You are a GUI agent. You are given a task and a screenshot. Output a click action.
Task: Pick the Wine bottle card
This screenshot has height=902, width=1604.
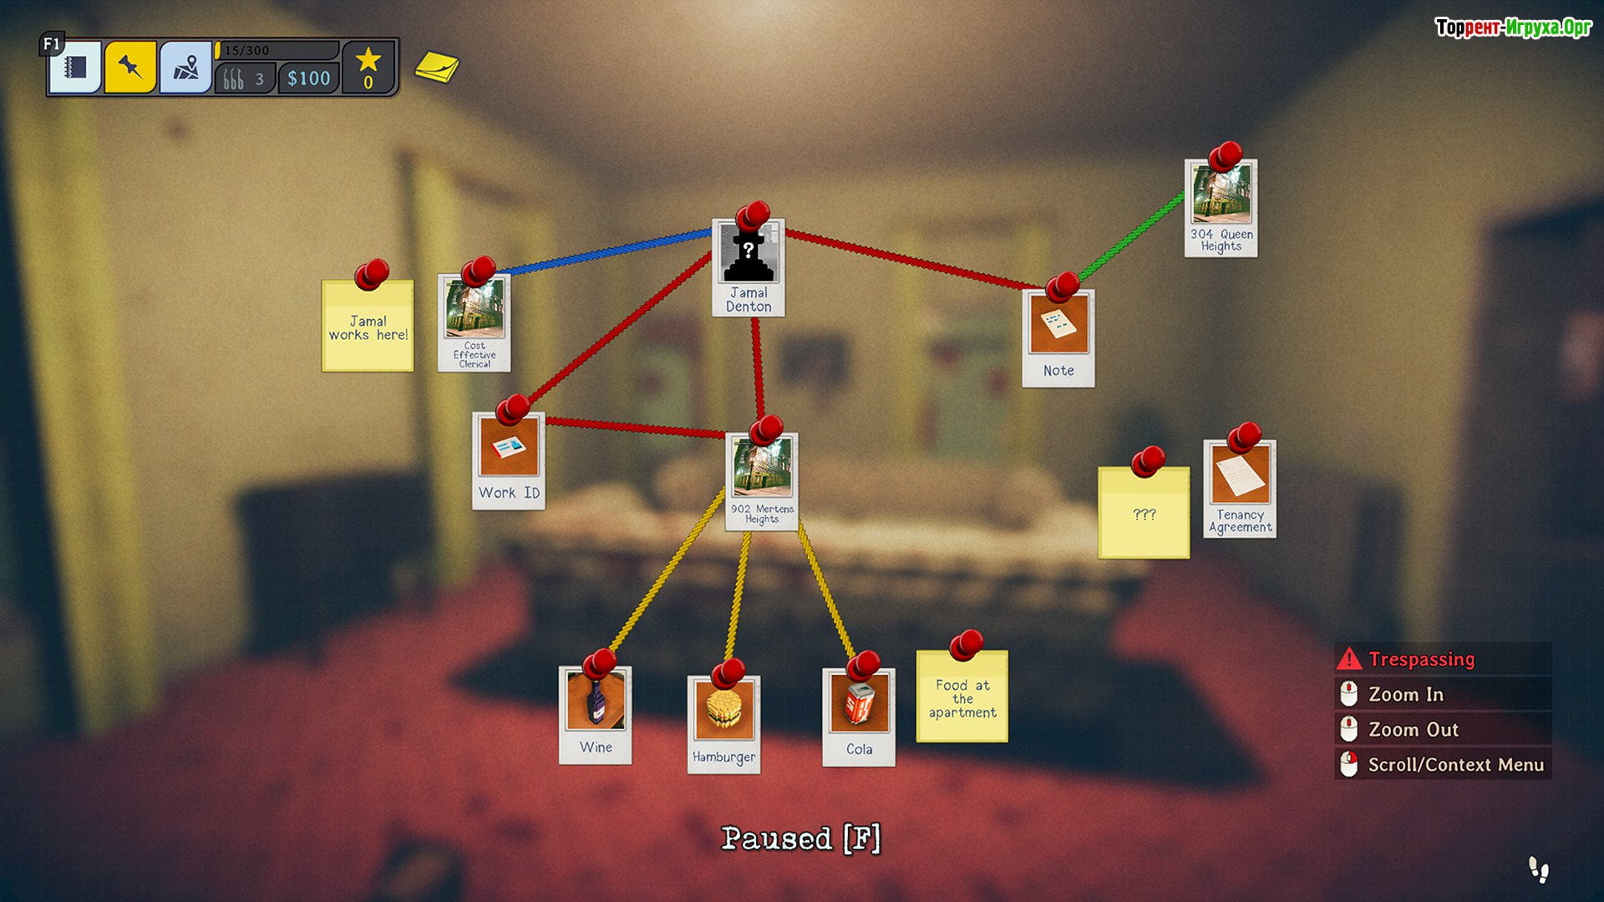[595, 715]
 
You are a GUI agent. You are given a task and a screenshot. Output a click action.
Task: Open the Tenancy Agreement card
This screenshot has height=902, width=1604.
[1240, 489]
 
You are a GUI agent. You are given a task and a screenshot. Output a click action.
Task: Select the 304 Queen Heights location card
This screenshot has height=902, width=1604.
[1221, 209]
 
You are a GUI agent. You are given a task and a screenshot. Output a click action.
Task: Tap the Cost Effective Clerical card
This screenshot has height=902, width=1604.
[474, 323]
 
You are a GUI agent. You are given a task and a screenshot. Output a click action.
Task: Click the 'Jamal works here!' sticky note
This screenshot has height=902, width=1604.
[368, 327]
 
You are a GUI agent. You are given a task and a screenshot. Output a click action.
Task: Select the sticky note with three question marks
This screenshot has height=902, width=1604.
[1144, 513]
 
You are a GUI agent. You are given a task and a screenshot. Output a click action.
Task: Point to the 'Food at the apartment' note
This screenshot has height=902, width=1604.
[962, 697]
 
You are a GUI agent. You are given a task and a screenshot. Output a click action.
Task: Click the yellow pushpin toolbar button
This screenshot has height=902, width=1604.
[130, 67]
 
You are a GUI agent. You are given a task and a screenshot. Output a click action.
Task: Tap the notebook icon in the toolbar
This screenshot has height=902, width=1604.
[76, 67]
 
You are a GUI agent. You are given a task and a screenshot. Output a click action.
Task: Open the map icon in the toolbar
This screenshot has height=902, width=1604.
[185, 67]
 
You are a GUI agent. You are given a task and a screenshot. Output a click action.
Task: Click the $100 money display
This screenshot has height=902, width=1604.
[308, 79]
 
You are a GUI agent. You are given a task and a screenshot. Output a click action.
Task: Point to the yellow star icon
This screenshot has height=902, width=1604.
[368, 60]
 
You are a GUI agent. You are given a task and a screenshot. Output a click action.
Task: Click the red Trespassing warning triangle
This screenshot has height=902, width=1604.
[1348, 659]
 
